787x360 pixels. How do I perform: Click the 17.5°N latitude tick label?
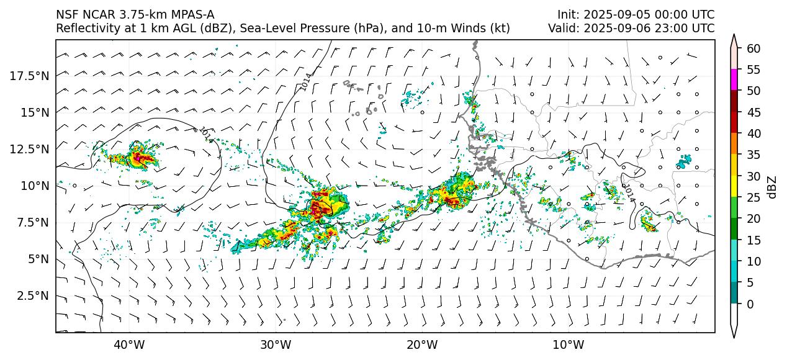29,76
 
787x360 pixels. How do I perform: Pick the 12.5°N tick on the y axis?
29,149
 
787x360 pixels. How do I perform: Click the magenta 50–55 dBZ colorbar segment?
734,80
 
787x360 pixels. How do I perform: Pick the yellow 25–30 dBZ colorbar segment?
734,186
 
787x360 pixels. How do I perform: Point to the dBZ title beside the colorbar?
772,186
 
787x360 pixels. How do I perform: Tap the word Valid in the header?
562,29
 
